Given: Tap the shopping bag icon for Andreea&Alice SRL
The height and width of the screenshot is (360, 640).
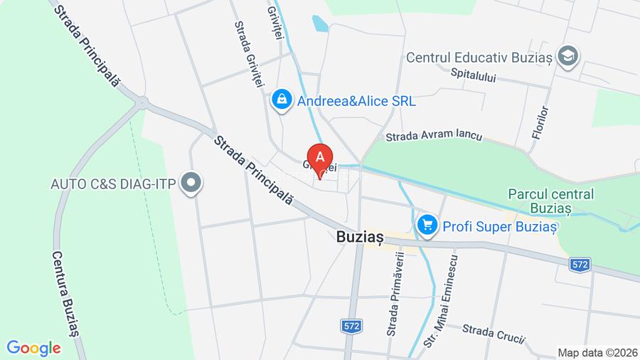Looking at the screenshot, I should pyautogui.click(x=282, y=100).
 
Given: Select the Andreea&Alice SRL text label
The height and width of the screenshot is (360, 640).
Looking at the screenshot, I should pyautogui.click(x=356, y=101).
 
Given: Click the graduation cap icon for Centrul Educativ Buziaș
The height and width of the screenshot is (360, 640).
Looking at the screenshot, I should pyautogui.click(x=568, y=56).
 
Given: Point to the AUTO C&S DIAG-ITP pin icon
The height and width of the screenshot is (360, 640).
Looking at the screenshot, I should pyautogui.click(x=191, y=184).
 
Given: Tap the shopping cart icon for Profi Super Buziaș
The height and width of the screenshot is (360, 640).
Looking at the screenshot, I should pyautogui.click(x=427, y=226).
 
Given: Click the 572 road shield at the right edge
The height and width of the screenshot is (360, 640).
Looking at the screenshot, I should pyautogui.click(x=580, y=264).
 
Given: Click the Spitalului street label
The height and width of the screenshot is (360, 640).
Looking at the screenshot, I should pyautogui.click(x=473, y=73).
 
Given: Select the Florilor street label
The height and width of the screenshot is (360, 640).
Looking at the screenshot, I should pyautogui.click(x=540, y=122).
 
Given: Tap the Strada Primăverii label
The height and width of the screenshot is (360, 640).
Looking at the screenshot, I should pyautogui.click(x=395, y=293).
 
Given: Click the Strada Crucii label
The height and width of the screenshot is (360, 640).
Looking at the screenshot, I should pyautogui.click(x=493, y=332).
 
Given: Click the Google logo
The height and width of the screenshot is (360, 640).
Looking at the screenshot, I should pyautogui.click(x=33, y=348).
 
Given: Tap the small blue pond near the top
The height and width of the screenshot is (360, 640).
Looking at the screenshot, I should pyautogui.click(x=320, y=24).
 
